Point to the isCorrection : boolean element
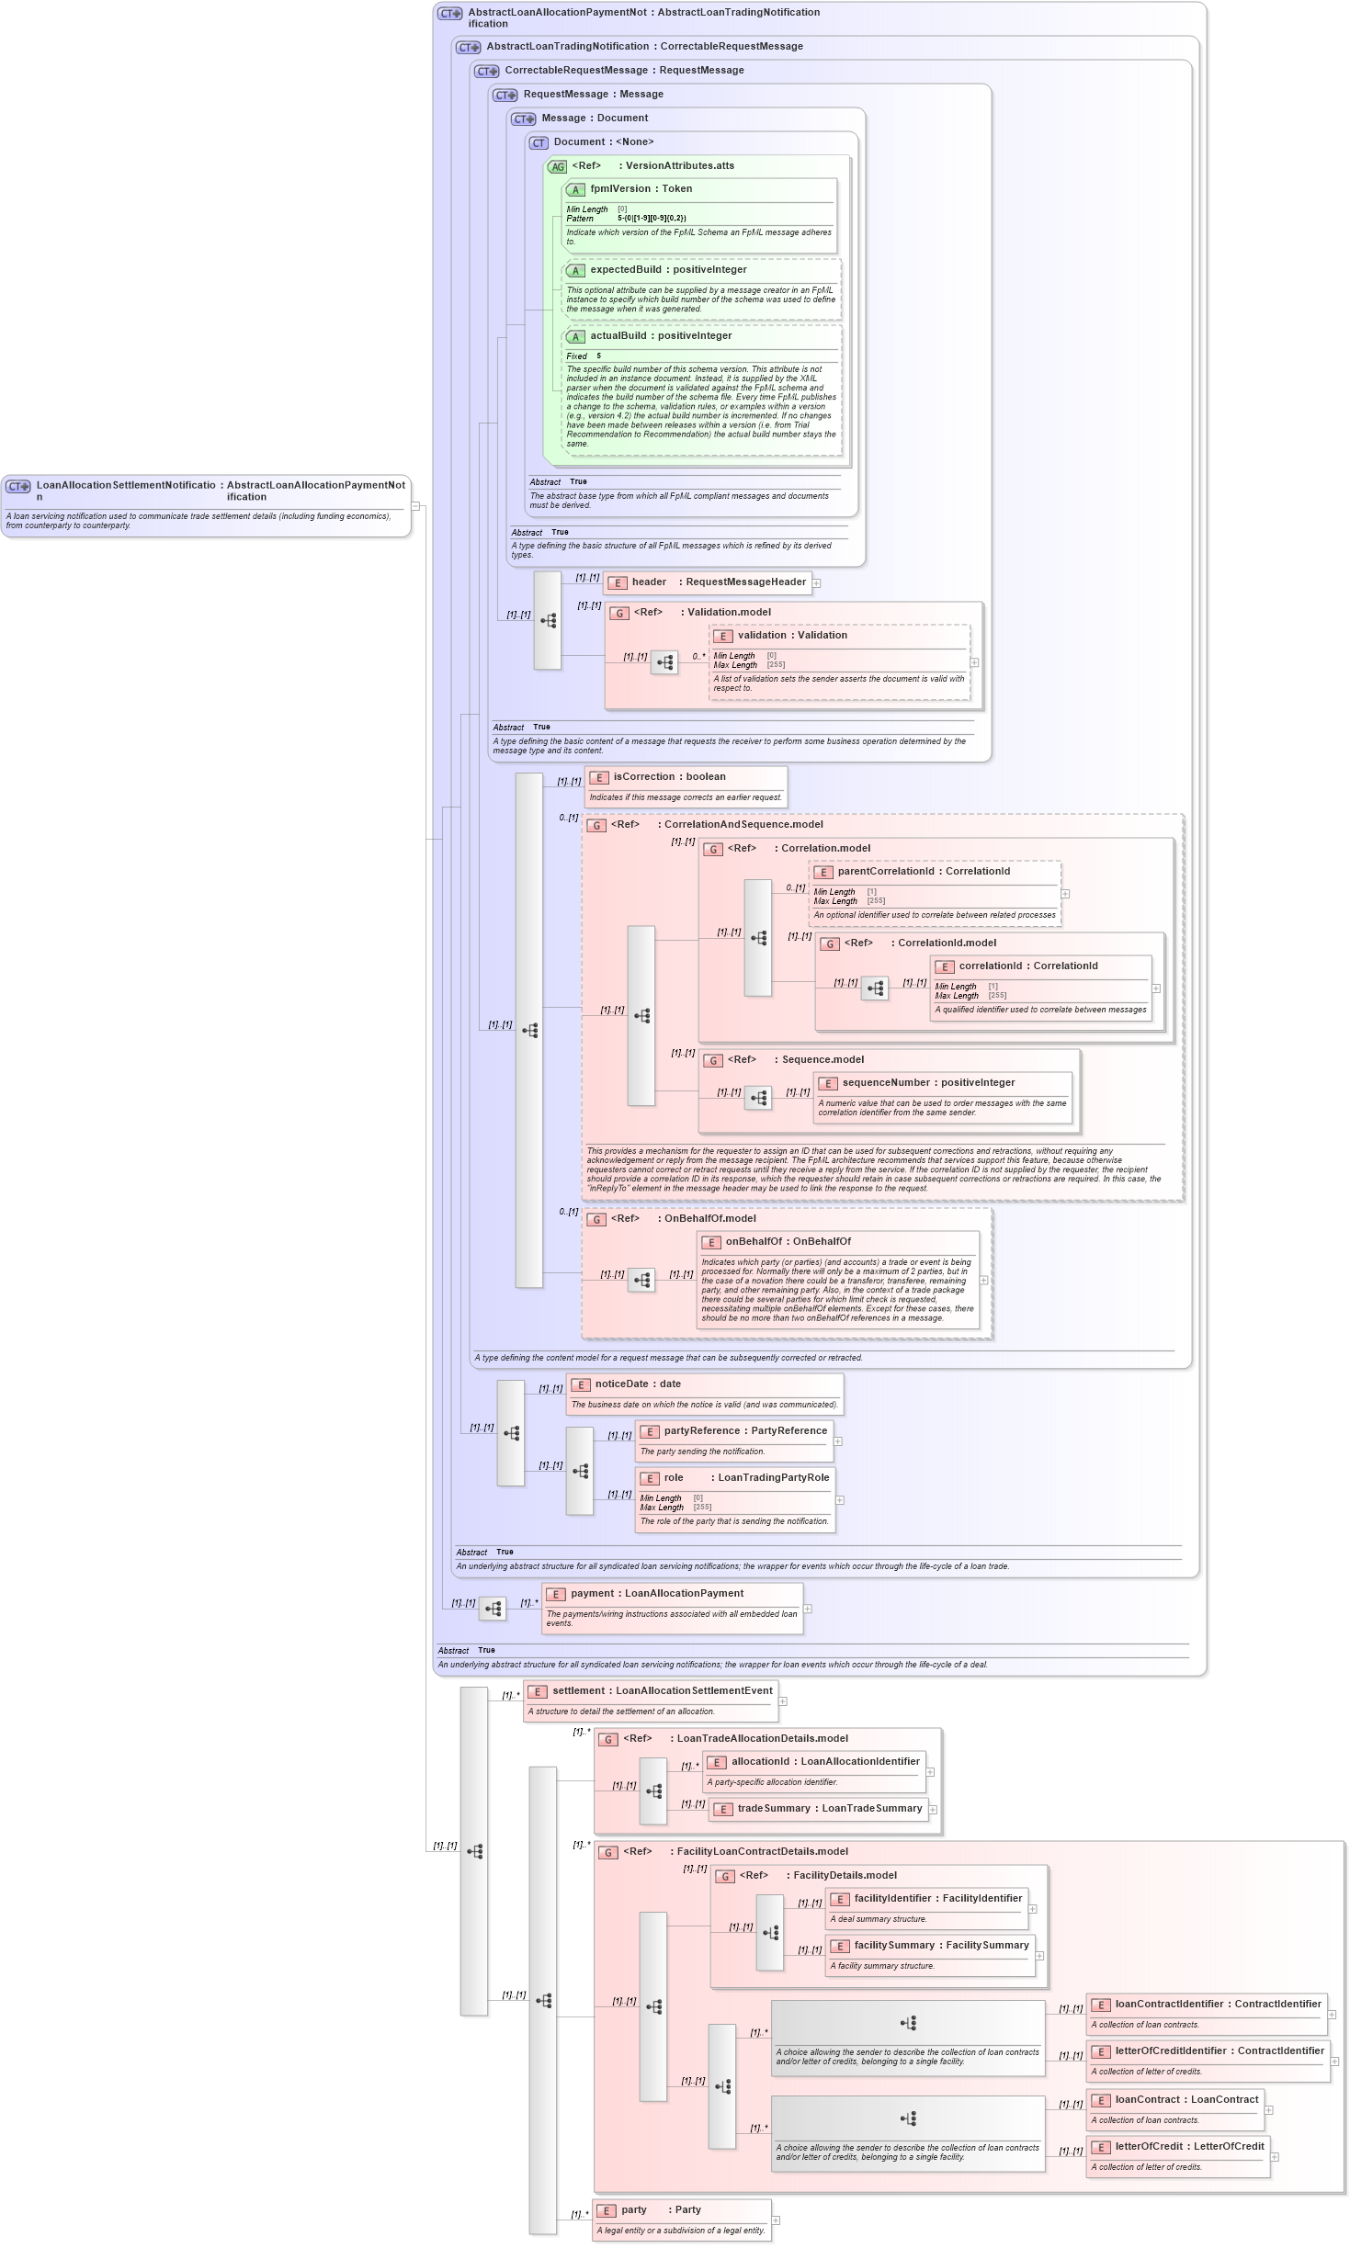click(669, 777)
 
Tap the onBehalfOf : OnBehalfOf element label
click(788, 1242)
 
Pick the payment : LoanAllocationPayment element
click(656, 1594)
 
